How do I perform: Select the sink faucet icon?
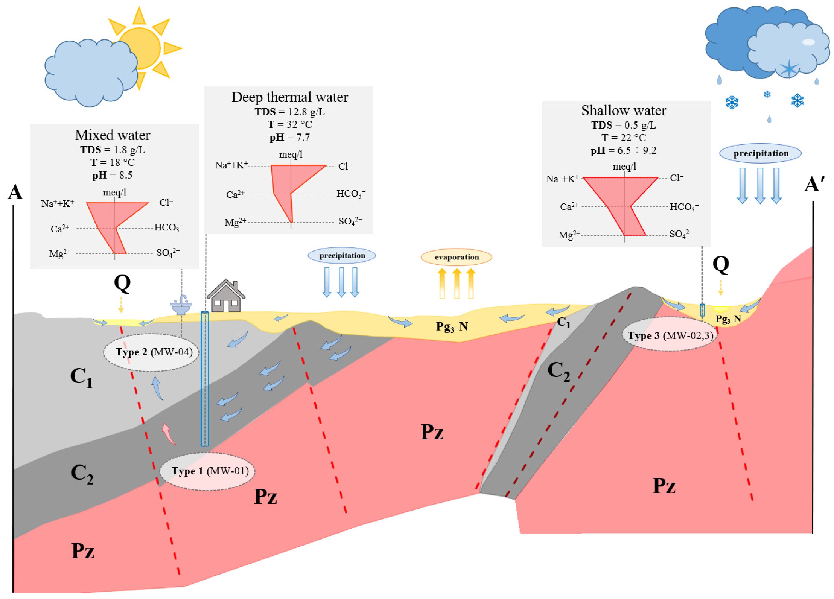(181, 305)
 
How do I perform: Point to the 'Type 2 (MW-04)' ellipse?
(151, 352)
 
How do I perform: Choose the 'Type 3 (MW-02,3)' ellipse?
(669, 335)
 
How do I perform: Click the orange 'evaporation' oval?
(456, 257)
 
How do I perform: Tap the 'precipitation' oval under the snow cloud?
(760, 153)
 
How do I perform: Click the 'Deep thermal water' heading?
(290, 97)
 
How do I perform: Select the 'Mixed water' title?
(112, 135)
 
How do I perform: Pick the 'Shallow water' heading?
(624, 110)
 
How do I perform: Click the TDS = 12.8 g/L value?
(290, 112)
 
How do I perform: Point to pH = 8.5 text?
(112, 175)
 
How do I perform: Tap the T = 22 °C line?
(624, 138)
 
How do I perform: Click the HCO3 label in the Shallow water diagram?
(684, 207)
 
